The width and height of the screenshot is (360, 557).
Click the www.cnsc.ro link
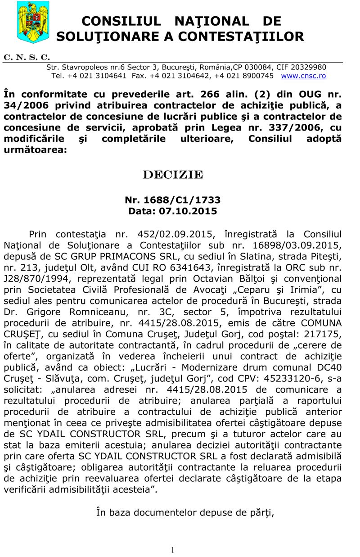[303, 76]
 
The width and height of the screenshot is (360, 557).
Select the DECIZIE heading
[173, 175]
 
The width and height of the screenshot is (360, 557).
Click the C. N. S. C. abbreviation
[27, 58]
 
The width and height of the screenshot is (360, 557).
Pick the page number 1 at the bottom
[173, 549]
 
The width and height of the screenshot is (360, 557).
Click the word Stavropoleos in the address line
[83, 67]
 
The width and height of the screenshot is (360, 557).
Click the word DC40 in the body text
[329, 367]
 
